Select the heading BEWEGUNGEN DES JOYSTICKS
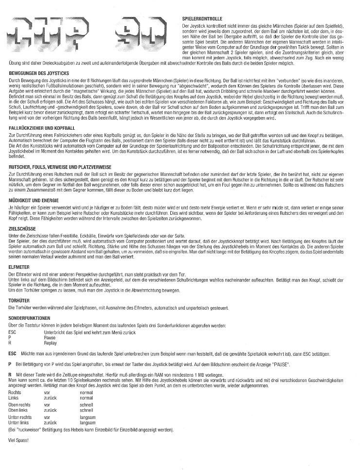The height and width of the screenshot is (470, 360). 39,72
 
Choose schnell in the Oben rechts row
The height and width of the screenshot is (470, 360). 87,404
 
